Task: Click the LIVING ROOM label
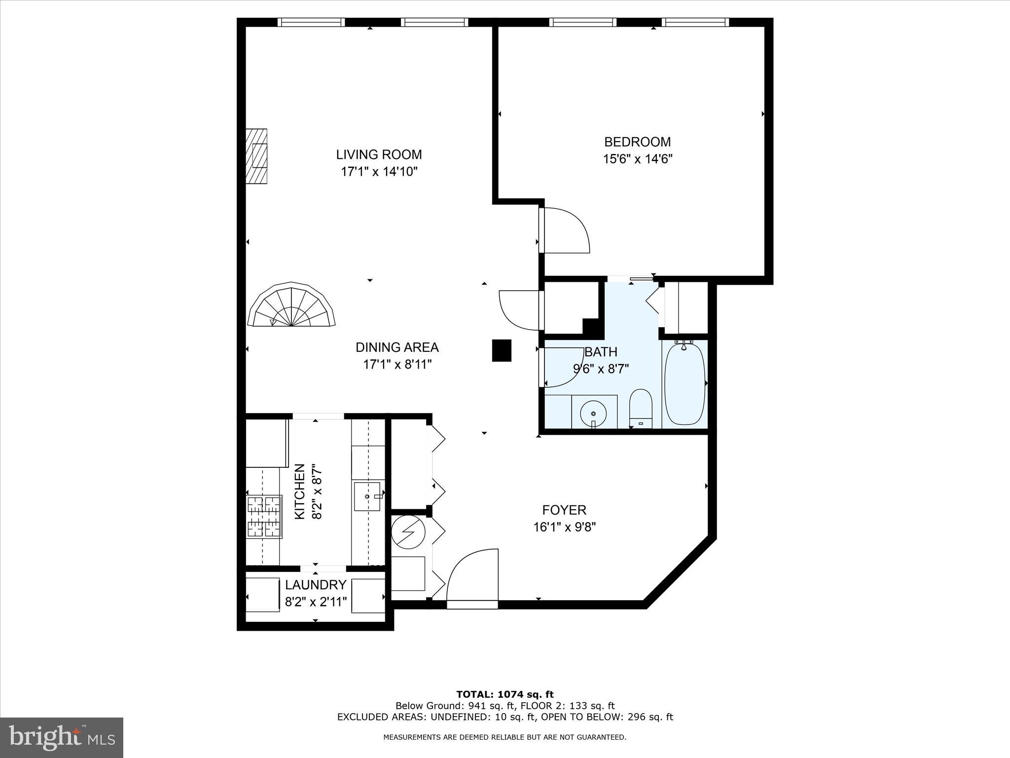click(x=379, y=154)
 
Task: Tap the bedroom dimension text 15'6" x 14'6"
click(x=638, y=159)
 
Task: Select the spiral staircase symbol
click(x=292, y=306)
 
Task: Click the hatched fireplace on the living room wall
click(x=257, y=156)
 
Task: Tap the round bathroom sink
click(x=594, y=413)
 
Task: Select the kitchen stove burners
click(x=264, y=517)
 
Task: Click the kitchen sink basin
click(x=367, y=496)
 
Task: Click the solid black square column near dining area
click(x=502, y=350)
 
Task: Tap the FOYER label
click(x=564, y=510)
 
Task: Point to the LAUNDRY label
click(x=316, y=585)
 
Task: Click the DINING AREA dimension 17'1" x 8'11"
click(x=397, y=365)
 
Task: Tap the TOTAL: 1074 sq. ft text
click(x=505, y=695)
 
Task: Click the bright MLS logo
click(x=62, y=737)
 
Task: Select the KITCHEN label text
click(x=299, y=491)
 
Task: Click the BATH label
click(x=601, y=352)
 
